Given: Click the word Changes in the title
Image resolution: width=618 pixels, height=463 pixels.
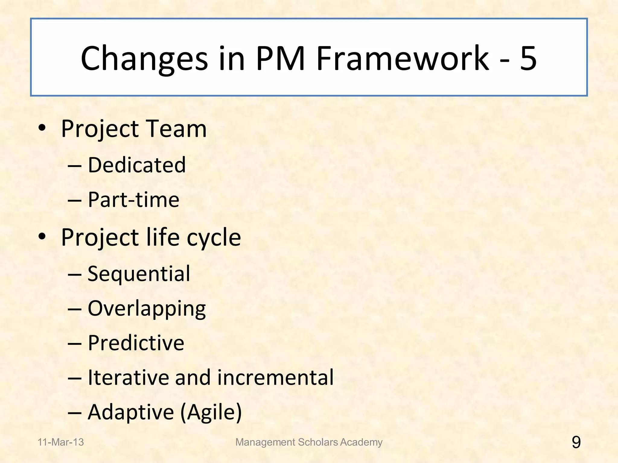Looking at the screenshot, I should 144,59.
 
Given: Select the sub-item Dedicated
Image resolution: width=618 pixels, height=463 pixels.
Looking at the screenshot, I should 137,165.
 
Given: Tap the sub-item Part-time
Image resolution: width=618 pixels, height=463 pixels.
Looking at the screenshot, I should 133,200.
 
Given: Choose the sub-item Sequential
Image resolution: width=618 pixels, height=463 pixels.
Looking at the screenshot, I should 139,274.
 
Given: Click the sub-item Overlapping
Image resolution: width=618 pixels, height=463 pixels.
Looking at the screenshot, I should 147,309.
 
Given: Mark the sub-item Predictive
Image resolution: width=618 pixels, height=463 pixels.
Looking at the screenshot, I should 136,343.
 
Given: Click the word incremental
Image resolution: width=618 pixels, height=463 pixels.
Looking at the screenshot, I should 275,377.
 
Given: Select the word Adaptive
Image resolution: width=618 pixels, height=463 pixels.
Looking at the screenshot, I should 131,412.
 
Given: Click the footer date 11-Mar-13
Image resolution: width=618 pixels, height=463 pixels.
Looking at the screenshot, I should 61,442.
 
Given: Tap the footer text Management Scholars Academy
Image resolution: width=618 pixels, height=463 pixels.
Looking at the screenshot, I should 309,442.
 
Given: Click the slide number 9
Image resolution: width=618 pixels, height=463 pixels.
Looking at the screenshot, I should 576,443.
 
